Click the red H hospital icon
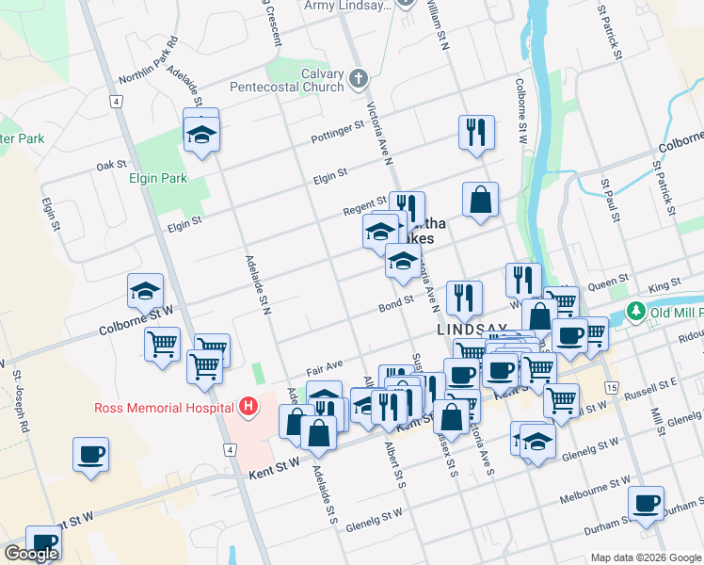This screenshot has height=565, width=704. point(248,407)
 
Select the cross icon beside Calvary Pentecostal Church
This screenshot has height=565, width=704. point(358,79)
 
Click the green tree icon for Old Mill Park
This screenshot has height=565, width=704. point(637,311)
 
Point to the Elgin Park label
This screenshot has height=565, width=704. point(158,178)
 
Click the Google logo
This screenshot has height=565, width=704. point(31,554)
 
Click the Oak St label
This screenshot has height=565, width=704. point(104,166)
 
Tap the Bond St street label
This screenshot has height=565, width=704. point(396,302)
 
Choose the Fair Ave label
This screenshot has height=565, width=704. point(323,364)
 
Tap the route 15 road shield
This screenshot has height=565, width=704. point(612,388)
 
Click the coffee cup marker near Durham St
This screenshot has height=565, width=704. point(646,503)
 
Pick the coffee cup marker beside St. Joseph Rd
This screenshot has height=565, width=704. point(91,455)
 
